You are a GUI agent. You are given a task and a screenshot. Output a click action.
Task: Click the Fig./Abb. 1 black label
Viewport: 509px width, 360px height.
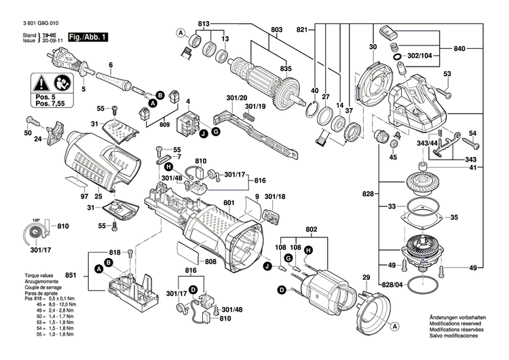86,37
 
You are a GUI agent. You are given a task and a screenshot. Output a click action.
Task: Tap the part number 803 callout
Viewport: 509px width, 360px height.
276,30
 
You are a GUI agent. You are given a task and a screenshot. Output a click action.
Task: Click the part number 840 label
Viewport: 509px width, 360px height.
459,50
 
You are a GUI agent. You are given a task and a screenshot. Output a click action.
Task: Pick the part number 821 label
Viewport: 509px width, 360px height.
303,29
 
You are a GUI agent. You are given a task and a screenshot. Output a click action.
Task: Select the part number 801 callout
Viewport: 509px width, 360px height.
228,202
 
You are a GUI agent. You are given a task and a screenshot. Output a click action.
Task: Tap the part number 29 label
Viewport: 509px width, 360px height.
367,278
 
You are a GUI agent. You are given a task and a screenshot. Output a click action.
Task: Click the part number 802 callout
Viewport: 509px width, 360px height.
312,229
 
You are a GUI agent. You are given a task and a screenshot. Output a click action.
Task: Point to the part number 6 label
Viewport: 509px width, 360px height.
109,65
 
